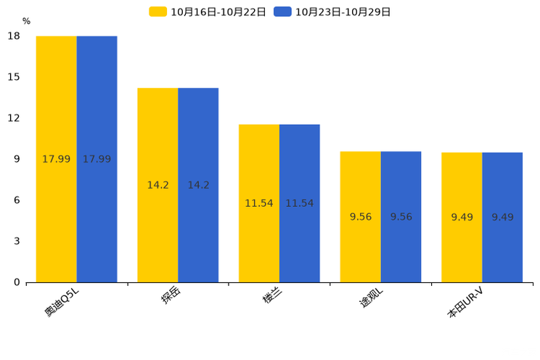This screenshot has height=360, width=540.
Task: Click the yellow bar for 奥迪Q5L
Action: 57,159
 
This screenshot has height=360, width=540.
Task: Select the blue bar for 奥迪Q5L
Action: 97,159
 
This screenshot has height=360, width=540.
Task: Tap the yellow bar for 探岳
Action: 157,185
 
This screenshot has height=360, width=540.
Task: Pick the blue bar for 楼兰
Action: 300,204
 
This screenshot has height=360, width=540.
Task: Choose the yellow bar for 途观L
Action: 361,217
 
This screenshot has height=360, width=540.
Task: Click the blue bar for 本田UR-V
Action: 502,217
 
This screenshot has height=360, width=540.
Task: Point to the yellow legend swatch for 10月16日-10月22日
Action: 158,12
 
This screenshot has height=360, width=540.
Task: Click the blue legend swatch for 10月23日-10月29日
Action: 283,12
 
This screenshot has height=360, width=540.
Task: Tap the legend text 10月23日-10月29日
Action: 343,12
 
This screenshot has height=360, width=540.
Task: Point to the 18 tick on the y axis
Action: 14,36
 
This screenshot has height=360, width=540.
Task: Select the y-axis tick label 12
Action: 14,118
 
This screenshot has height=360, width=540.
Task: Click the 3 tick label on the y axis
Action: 17,241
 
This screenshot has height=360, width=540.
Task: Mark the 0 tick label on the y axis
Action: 17,282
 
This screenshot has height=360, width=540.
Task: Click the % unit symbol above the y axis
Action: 27,21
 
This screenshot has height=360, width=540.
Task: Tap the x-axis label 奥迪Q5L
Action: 62,302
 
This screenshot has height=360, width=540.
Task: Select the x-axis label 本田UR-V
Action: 465,303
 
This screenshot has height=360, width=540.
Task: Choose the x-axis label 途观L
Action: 372,298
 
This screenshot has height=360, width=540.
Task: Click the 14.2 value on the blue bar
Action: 198,185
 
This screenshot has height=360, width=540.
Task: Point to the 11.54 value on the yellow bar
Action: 259,203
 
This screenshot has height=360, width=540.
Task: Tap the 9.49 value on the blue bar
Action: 502,217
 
